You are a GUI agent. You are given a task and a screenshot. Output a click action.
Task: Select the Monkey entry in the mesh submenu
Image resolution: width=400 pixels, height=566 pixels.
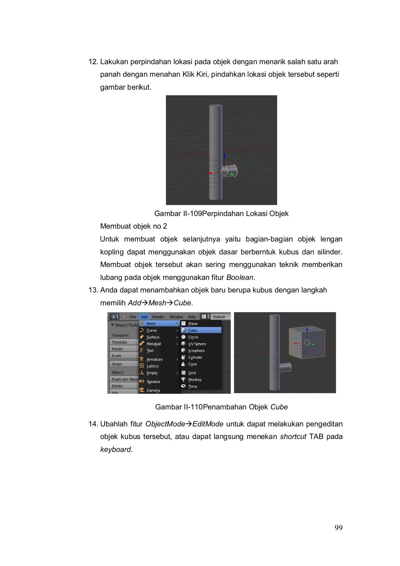tap(195, 380)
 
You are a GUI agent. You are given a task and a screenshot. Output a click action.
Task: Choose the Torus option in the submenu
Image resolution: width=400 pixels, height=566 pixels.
tap(193, 386)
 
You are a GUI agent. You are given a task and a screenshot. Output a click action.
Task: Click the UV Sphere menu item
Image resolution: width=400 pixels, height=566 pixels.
tap(197, 344)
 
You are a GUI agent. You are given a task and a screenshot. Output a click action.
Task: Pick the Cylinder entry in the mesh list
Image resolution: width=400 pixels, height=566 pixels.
tap(195, 358)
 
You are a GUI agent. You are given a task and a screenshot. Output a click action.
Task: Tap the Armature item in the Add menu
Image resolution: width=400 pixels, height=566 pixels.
tap(154, 359)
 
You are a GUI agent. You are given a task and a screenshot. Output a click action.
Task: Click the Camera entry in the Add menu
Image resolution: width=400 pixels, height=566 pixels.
tap(153, 390)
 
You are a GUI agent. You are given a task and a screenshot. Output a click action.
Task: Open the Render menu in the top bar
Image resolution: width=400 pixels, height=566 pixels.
tap(158, 317)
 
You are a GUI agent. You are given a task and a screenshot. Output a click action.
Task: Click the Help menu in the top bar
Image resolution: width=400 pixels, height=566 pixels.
tap(192, 317)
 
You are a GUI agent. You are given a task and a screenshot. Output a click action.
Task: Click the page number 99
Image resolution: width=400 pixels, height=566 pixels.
tap(338, 528)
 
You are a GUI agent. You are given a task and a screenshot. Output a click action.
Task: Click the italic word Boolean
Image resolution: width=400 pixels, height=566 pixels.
tap(239, 278)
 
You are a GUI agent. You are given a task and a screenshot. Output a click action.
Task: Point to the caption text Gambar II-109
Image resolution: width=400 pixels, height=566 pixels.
tap(178, 214)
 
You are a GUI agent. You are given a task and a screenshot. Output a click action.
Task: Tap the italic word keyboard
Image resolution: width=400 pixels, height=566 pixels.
tap(115, 450)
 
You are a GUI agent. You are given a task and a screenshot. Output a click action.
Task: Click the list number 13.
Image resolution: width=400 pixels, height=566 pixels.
tap(93, 290)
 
